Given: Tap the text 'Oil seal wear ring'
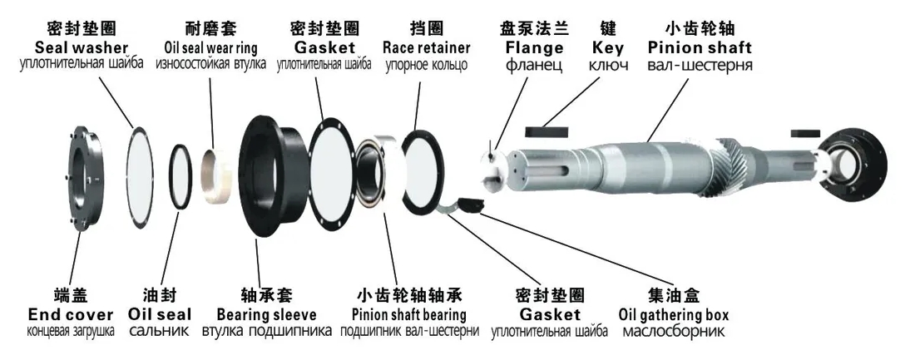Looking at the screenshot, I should [x=210, y=47].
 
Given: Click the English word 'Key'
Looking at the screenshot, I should [x=607, y=47].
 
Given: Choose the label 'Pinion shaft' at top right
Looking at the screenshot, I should [x=700, y=47].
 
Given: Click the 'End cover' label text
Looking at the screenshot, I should [x=71, y=315].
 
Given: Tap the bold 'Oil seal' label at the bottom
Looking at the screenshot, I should [x=160, y=315].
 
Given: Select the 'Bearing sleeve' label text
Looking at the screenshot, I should [x=266, y=315].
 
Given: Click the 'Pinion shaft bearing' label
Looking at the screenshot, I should [x=408, y=315].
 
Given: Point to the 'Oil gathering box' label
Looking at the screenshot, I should [x=674, y=315].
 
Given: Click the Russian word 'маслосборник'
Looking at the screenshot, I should [x=673, y=332].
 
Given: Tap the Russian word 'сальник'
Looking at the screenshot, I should [x=160, y=332].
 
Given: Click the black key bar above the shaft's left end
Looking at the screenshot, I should [x=547, y=131].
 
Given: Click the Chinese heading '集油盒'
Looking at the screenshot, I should [x=673, y=296].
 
